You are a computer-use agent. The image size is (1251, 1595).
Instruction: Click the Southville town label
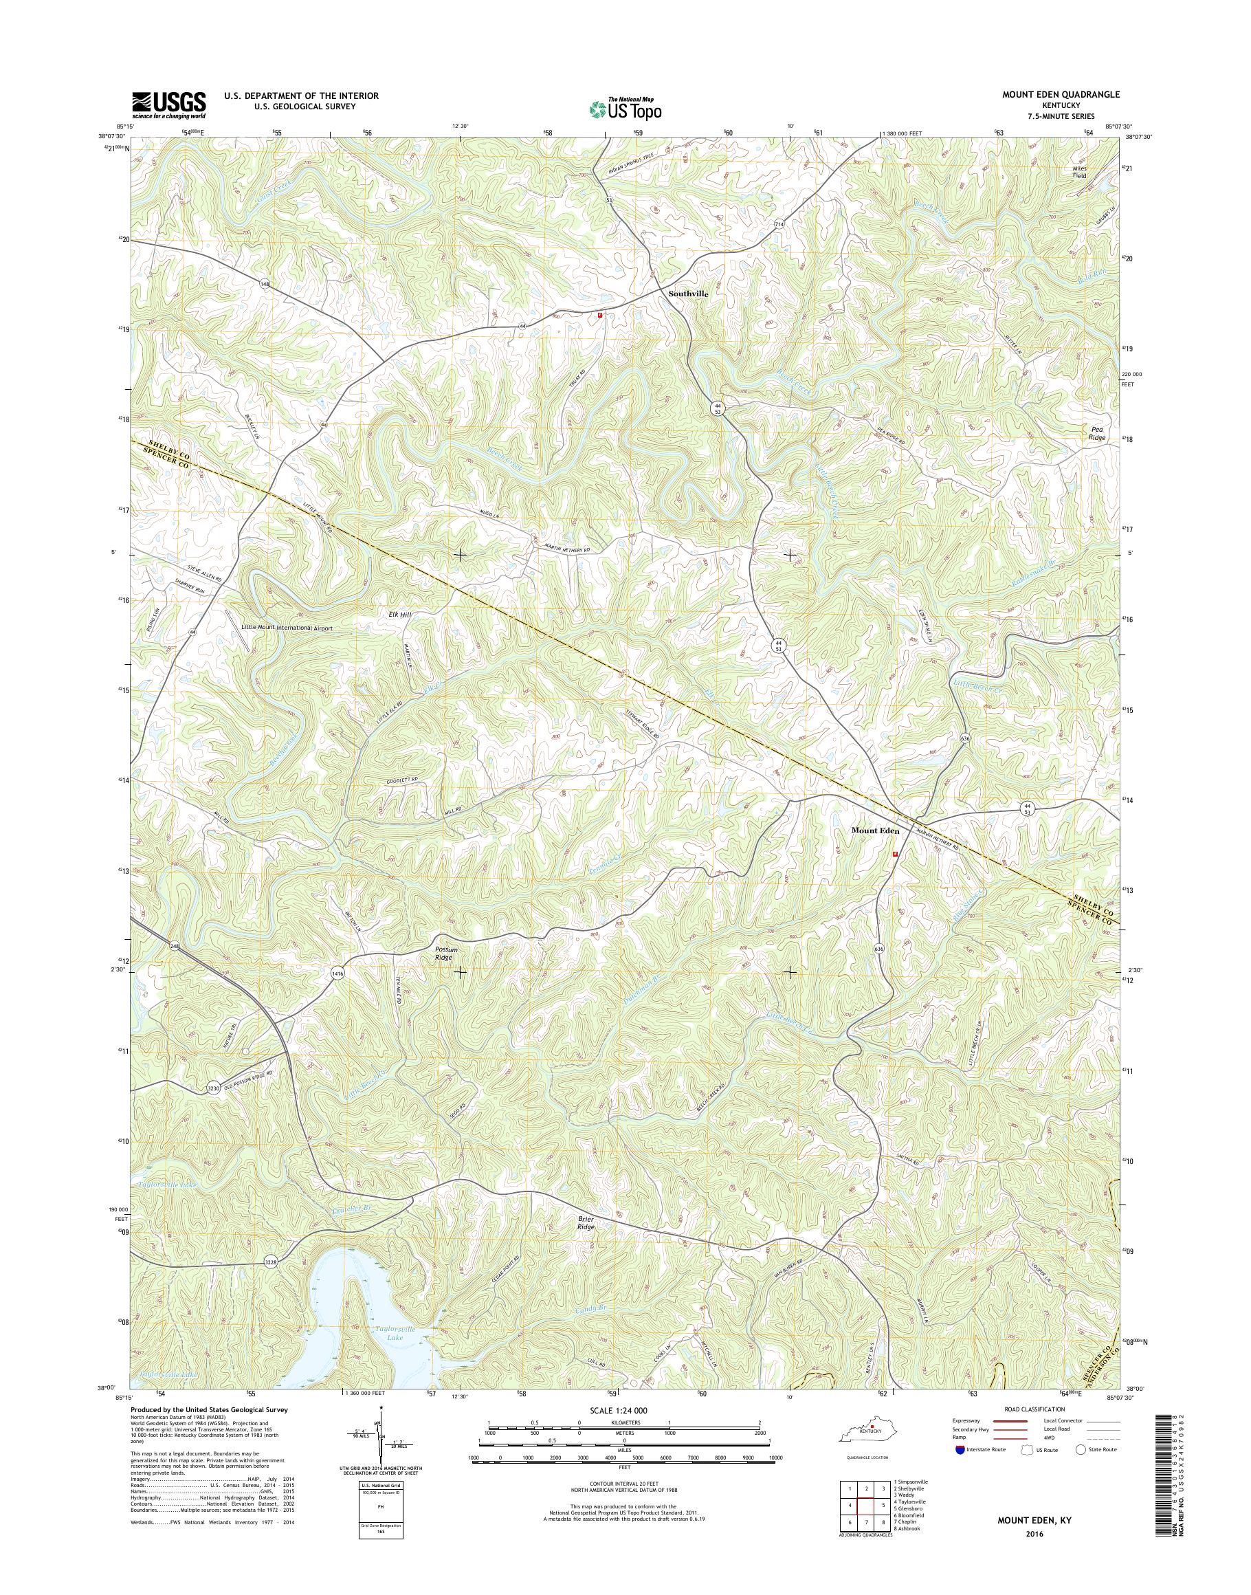coord(688,293)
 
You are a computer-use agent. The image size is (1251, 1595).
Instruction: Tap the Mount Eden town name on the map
coord(874,830)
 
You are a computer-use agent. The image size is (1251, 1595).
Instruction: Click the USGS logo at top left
coord(168,105)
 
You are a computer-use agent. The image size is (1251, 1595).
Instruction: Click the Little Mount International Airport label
coord(297,628)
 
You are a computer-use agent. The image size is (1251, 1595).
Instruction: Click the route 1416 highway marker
coord(337,972)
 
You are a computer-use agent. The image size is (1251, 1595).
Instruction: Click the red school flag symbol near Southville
coord(600,316)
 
